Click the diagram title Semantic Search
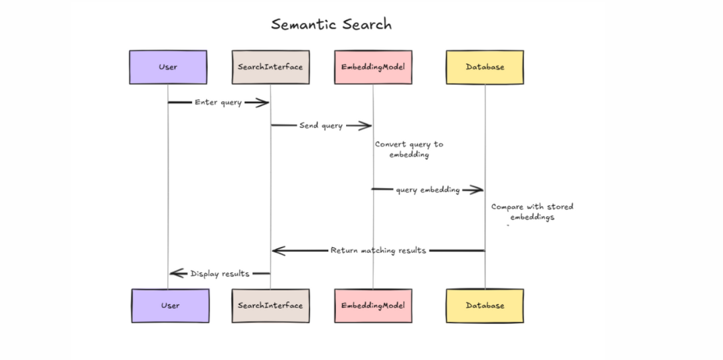pos(331,25)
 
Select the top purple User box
pos(168,67)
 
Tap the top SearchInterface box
pos(270,67)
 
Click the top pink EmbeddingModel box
pos(373,67)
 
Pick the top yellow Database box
pos(485,67)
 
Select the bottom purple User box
pos(170,306)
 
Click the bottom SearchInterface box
pos(270,306)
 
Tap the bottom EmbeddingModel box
pos(373,306)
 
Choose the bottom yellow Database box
pos(485,306)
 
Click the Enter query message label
pos(218,102)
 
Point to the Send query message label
pos(321,126)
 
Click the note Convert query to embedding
pos(408,149)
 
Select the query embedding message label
pos(428,190)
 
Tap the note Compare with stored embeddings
pos(532,212)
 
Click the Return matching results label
pos(378,251)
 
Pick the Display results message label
pos(220,274)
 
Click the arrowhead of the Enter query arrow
pos(262,102)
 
